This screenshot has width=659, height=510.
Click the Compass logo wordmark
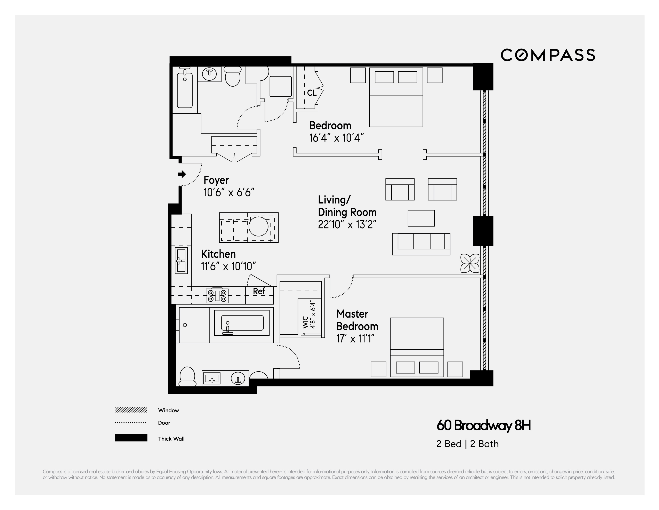[x=548, y=55]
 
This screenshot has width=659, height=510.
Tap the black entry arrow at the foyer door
[x=181, y=174]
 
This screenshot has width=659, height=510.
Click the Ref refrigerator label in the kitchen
[x=259, y=291]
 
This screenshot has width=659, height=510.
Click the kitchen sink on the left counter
[x=181, y=260]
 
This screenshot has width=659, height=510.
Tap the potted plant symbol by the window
[x=469, y=263]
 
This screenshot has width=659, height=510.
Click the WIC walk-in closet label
[x=305, y=322]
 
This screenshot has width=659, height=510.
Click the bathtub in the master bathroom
[x=242, y=325]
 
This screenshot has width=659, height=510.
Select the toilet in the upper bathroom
[x=233, y=76]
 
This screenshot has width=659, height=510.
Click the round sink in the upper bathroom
[x=209, y=73]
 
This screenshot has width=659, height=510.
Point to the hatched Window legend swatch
[x=131, y=410]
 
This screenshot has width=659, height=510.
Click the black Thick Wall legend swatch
[x=131, y=438]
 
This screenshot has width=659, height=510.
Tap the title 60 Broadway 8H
[x=483, y=425]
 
